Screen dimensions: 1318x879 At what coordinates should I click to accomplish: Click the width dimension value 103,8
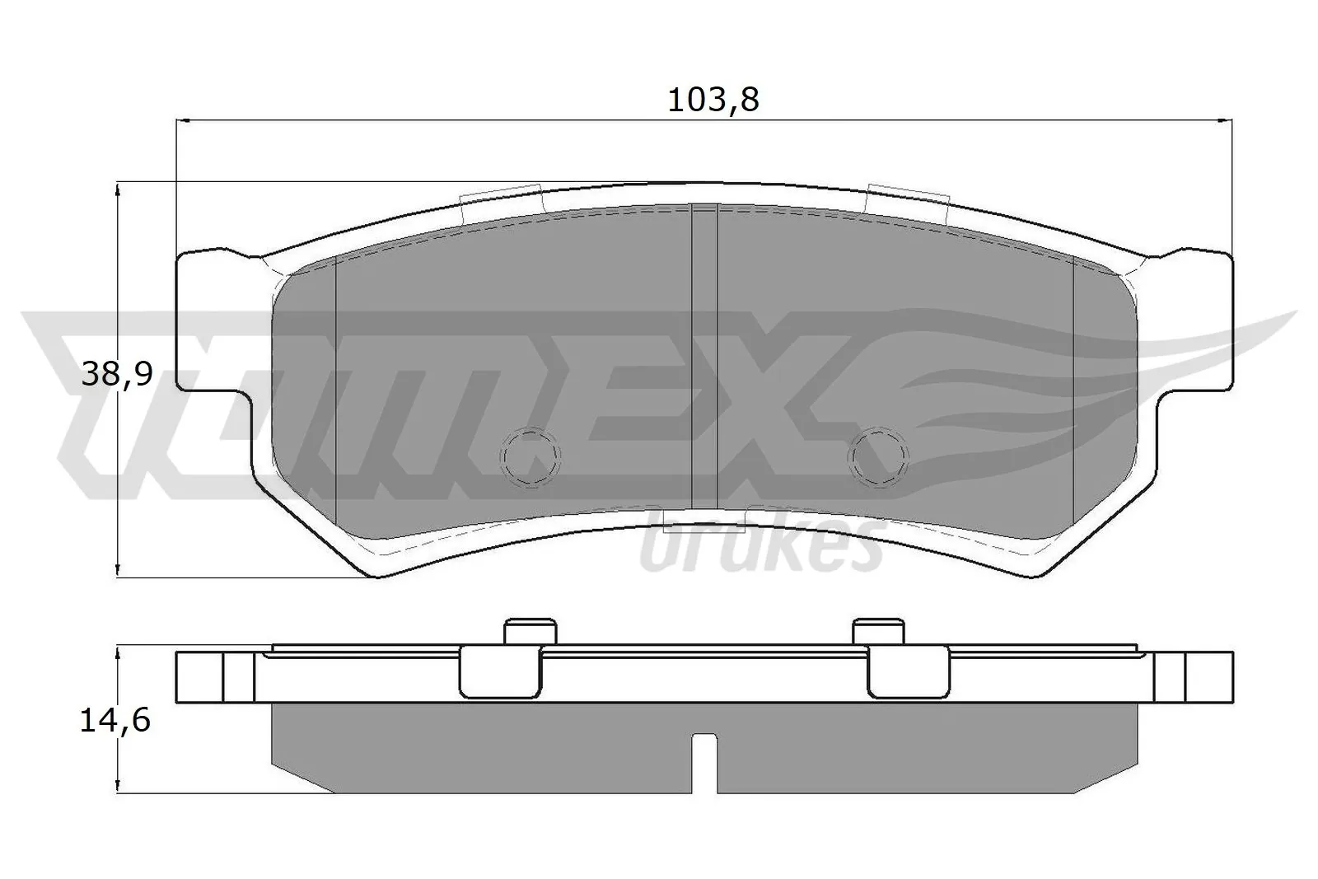(x=713, y=100)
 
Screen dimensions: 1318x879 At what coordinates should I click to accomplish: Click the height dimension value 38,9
(x=118, y=376)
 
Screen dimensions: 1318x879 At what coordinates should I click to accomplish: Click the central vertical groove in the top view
(x=704, y=354)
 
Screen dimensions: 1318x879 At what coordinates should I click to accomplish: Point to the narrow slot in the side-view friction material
(x=703, y=763)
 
